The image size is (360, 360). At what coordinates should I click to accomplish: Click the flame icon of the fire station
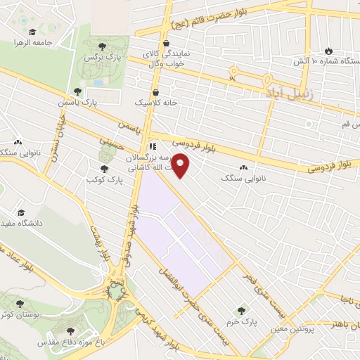coord(328,51)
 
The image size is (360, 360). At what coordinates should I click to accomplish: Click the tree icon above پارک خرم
coord(242,309)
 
